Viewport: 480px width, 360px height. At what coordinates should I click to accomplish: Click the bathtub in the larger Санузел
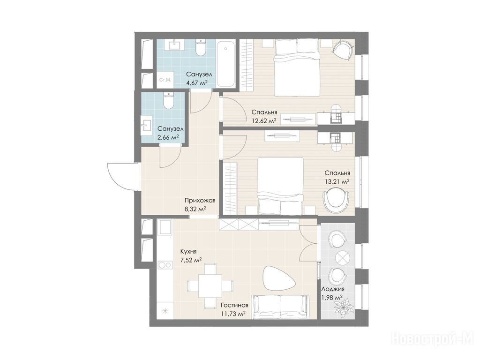(x=226, y=64)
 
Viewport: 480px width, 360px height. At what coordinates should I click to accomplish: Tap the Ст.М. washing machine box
(x=165, y=80)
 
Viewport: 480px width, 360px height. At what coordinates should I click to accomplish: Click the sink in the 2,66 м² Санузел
(x=146, y=125)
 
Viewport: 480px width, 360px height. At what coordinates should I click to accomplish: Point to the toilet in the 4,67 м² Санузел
(x=201, y=48)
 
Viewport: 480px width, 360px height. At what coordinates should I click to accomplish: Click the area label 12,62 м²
(x=264, y=120)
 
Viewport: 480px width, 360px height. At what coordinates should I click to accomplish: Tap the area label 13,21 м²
(x=337, y=181)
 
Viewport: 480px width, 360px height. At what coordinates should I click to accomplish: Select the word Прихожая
(x=200, y=201)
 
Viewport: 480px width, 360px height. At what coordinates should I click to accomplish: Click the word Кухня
(x=188, y=252)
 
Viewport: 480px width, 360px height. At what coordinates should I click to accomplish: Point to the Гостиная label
(x=234, y=306)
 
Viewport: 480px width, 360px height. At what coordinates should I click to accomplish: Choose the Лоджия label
(x=333, y=289)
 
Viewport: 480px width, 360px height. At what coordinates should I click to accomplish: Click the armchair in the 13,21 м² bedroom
(x=337, y=199)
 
